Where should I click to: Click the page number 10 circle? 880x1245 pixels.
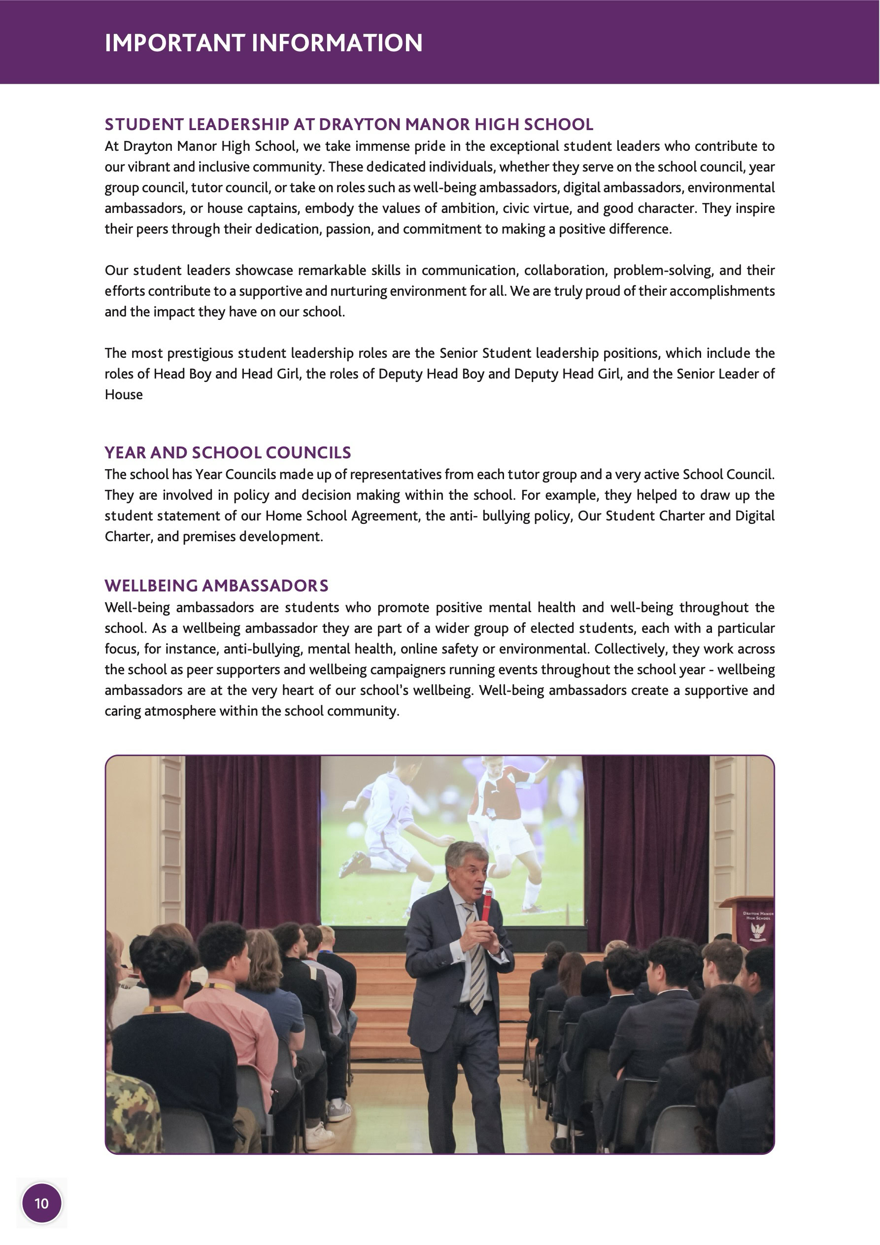pos(42,1203)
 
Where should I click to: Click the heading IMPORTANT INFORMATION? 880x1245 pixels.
pos(264,43)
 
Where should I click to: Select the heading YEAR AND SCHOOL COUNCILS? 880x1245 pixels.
pos(228,453)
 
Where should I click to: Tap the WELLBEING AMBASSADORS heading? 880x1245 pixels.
pos(216,586)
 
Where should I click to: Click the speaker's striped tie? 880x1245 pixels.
pos(475,970)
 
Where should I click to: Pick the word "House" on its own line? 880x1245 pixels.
pos(124,395)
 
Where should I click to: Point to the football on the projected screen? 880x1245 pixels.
pos(355,830)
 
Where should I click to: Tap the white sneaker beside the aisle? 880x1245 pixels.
pos(320,1135)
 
